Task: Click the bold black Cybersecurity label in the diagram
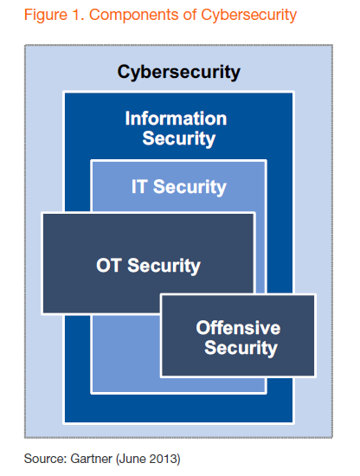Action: (x=179, y=71)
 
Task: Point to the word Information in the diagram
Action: (x=176, y=119)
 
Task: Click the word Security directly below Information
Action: (x=179, y=138)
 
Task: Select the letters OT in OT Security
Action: (x=110, y=266)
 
